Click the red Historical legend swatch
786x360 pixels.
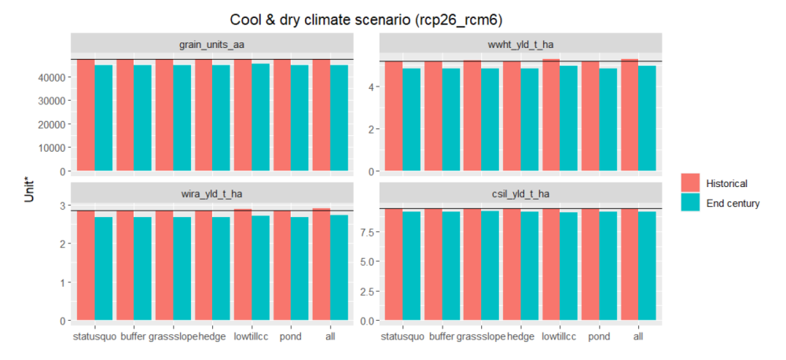pos(691,183)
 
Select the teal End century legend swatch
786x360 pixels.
pos(691,203)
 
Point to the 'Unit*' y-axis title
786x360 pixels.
pos(30,190)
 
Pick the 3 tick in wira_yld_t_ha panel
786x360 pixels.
pos(61,205)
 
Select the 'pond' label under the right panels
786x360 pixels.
pos(599,336)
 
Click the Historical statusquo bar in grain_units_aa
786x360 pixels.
pos(86,115)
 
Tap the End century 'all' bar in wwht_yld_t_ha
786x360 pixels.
pos(646,118)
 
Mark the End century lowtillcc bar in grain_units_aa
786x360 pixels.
pos(261,117)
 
